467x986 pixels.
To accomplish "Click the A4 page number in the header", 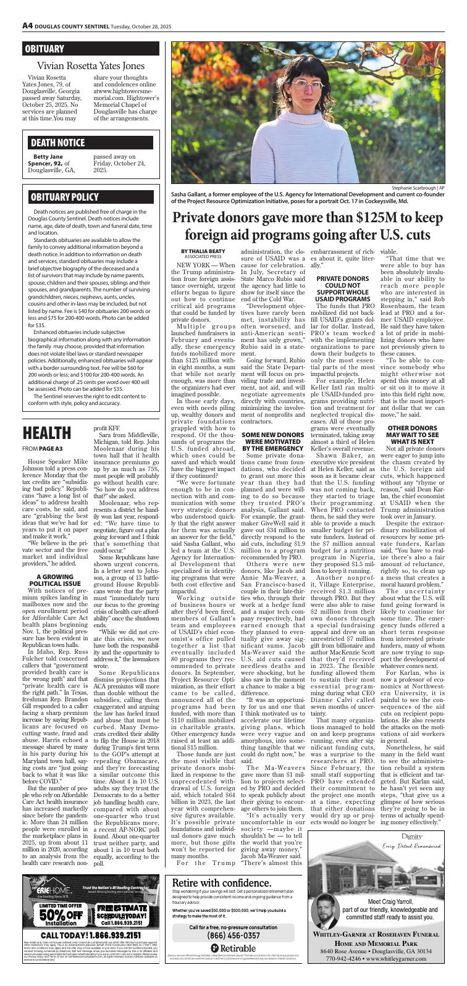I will [27, 26].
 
